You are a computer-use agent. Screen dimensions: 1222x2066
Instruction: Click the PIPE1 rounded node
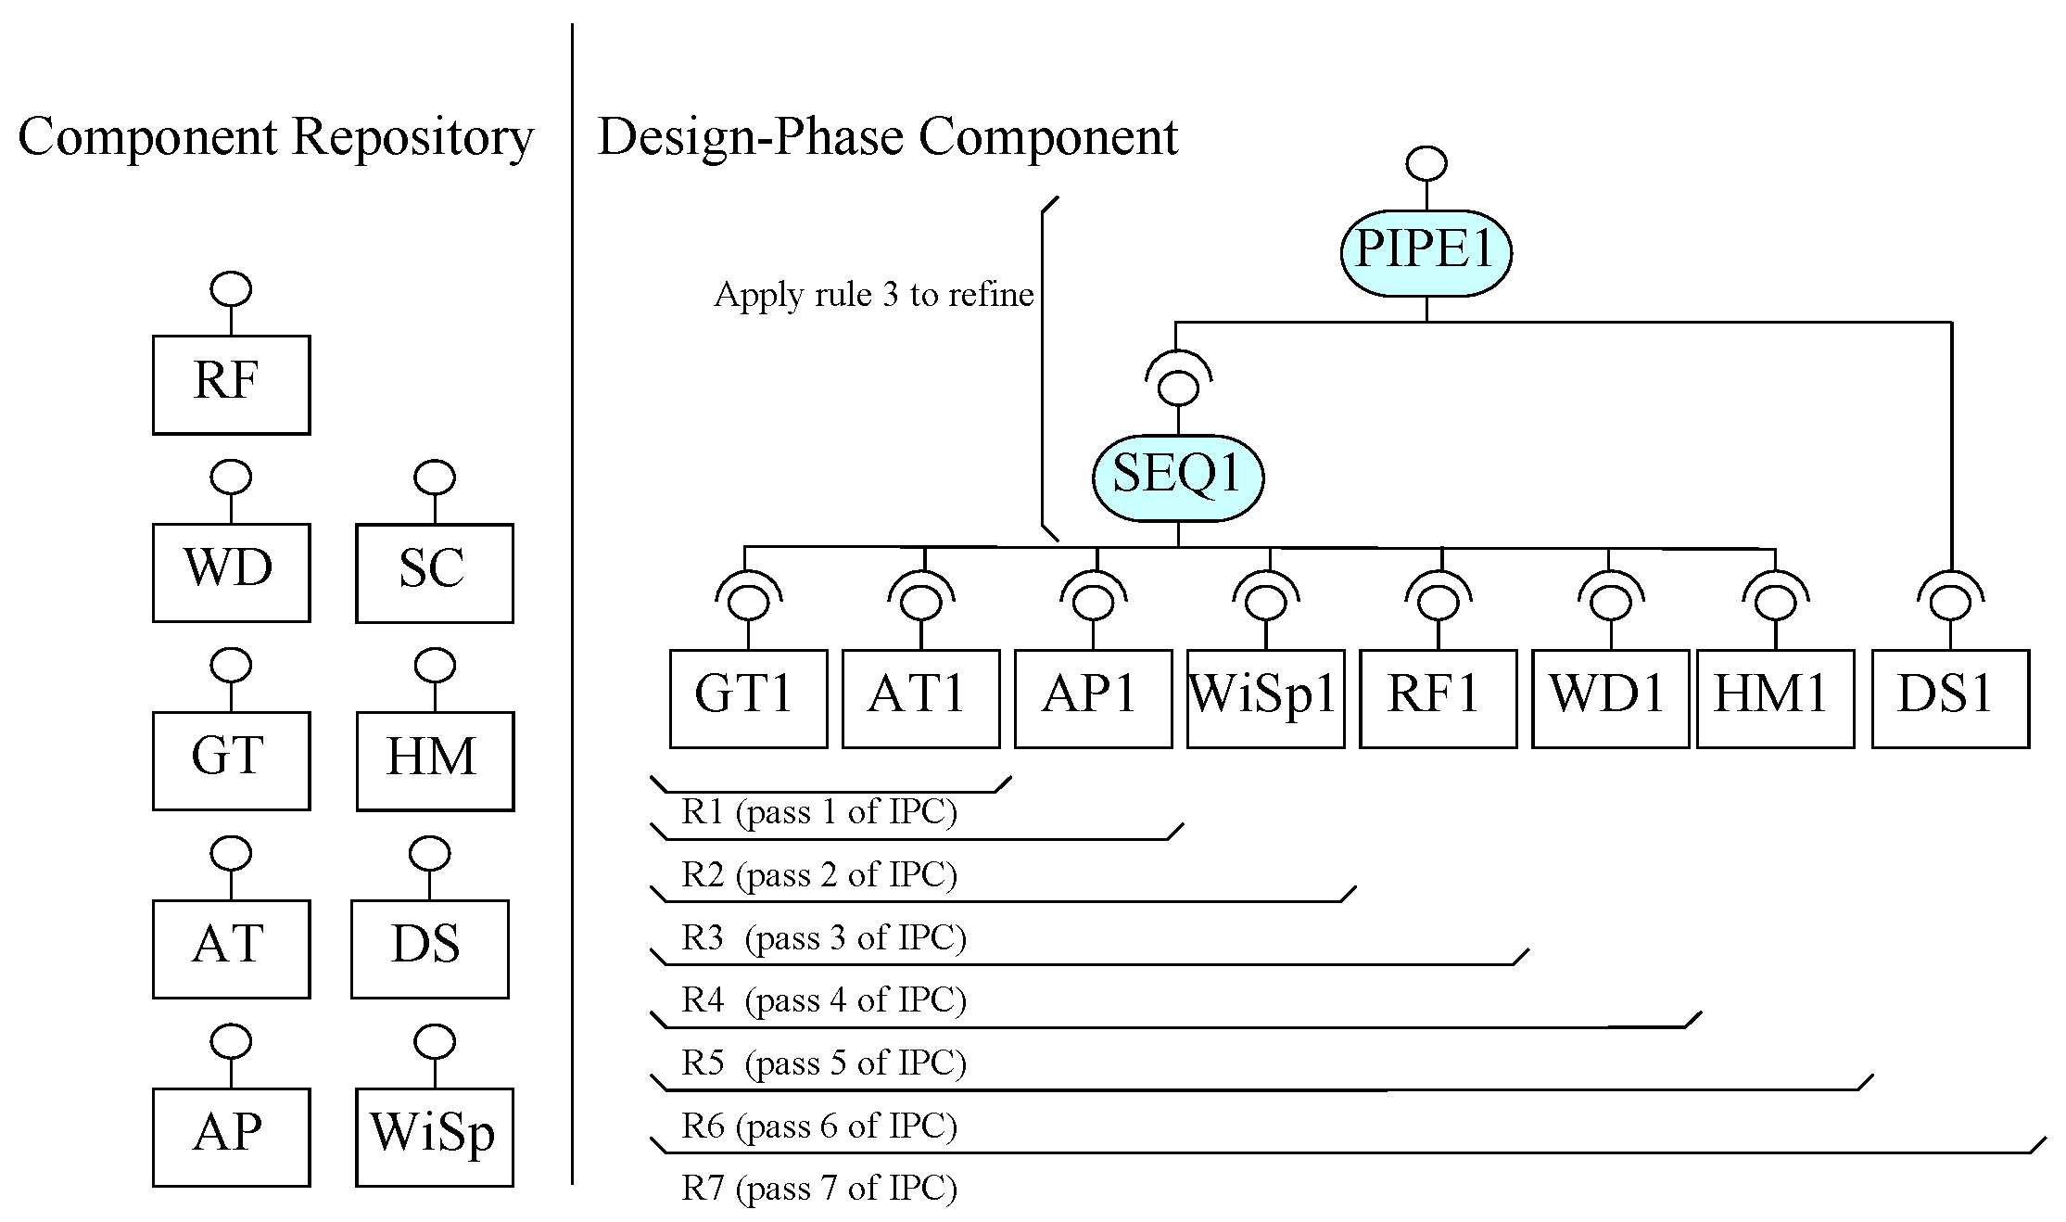[1426, 252]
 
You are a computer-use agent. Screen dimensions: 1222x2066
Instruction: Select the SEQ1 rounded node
[1177, 477]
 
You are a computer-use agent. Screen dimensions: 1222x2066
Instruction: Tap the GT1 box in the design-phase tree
[748, 697]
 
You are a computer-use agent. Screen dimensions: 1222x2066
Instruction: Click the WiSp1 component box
[1265, 697]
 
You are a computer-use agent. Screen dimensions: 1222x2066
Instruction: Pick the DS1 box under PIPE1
[1950, 697]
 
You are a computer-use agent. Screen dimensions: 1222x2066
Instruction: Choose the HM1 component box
[1775, 697]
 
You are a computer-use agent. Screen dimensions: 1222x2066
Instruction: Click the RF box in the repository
[231, 384]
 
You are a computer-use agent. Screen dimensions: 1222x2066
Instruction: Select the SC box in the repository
[434, 572]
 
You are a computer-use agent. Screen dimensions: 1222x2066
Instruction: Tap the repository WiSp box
[434, 1136]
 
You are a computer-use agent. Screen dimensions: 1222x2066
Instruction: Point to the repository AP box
[231, 1136]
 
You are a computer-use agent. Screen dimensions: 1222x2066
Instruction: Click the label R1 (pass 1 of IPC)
[819, 811]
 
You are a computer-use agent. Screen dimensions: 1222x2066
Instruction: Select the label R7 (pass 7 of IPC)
[819, 1188]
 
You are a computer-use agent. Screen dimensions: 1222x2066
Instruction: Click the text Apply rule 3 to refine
[873, 295]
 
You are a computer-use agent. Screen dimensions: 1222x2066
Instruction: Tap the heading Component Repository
[275, 137]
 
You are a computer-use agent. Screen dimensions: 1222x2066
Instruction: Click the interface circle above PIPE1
[1426, 164]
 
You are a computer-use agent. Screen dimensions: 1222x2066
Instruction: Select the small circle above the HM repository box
[434, 665]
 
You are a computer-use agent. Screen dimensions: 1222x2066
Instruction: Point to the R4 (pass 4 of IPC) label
[824, 999]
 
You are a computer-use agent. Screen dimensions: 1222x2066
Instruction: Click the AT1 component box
[920, 697]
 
